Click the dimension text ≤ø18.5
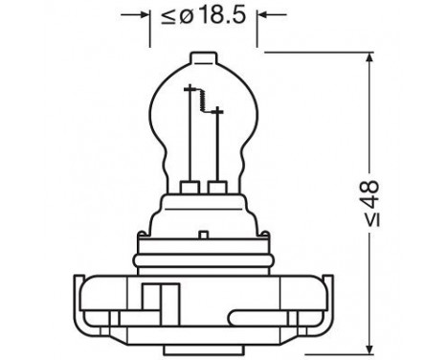(204, 16)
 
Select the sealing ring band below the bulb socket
(205, 256)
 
